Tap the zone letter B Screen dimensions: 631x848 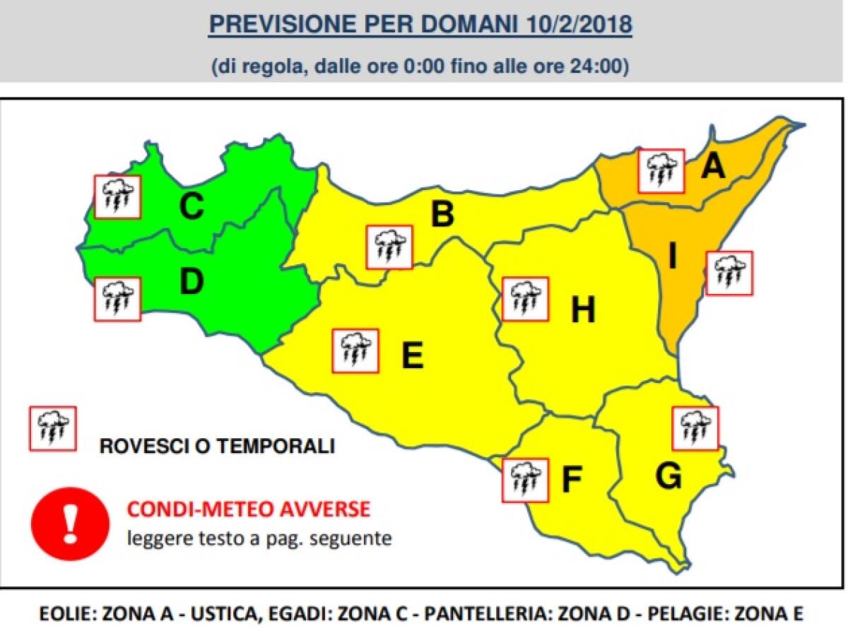click(442, 215)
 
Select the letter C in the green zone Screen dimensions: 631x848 click(191, 207)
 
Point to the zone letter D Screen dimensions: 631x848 click(191, 282)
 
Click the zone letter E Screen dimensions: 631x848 click(412, 355)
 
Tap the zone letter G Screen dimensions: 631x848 click(668, 477)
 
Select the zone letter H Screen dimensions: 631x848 click(583, 309)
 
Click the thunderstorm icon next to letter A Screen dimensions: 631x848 click(661, 171)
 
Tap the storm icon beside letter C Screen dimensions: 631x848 click(117, 196)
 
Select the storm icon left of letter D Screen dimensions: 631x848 click(117, 299)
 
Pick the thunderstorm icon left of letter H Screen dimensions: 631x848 click(525, 298)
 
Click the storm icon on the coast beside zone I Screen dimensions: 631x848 click(729, 273)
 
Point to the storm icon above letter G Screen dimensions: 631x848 click(695, 428)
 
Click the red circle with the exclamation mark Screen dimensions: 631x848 click(70, 523)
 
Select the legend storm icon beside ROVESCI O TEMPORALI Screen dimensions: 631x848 click(52, 428)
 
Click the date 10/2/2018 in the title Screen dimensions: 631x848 click(579, 24)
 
